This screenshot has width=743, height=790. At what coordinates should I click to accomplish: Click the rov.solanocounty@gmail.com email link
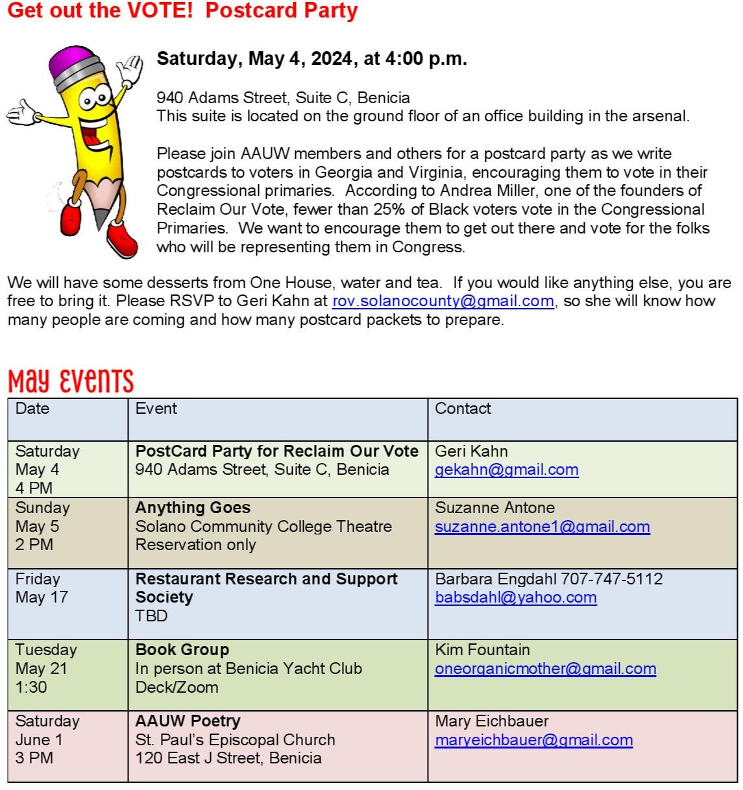pos(443,301)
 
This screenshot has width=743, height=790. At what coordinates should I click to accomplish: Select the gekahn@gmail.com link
pos(506,470)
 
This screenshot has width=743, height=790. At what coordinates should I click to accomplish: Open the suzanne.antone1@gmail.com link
pos(542,527)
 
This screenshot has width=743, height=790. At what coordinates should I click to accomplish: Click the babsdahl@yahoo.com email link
pos(515,597)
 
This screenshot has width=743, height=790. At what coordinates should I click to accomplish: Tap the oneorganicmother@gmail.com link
pos(545,669)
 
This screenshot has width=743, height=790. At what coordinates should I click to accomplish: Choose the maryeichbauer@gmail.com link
pos(533,740)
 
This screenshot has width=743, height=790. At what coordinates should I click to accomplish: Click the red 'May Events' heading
pos(71,381)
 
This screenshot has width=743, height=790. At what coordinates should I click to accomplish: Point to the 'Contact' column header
pos(463,409)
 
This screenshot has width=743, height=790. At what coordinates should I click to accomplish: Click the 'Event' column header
pos(156,409)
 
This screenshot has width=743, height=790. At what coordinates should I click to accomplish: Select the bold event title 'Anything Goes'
pos(193,508)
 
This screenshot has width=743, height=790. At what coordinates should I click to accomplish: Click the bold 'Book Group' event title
pos(182,650)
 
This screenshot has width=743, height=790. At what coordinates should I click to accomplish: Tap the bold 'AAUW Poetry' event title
pos(188,721)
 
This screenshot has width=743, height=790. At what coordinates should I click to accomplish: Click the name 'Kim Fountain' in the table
pos(482,650)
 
